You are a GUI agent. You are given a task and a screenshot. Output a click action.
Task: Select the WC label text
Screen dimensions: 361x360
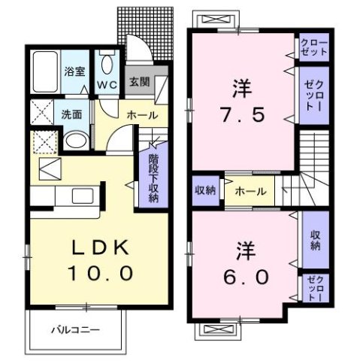point(107,83)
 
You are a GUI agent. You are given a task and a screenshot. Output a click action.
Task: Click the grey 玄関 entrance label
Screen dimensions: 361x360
point(137,81)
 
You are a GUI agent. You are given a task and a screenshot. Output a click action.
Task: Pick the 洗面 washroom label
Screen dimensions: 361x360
point(72,116)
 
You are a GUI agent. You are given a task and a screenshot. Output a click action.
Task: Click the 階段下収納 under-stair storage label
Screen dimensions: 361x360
point(153,177)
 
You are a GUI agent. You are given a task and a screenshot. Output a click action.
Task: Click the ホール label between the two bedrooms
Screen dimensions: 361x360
point(250,191)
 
